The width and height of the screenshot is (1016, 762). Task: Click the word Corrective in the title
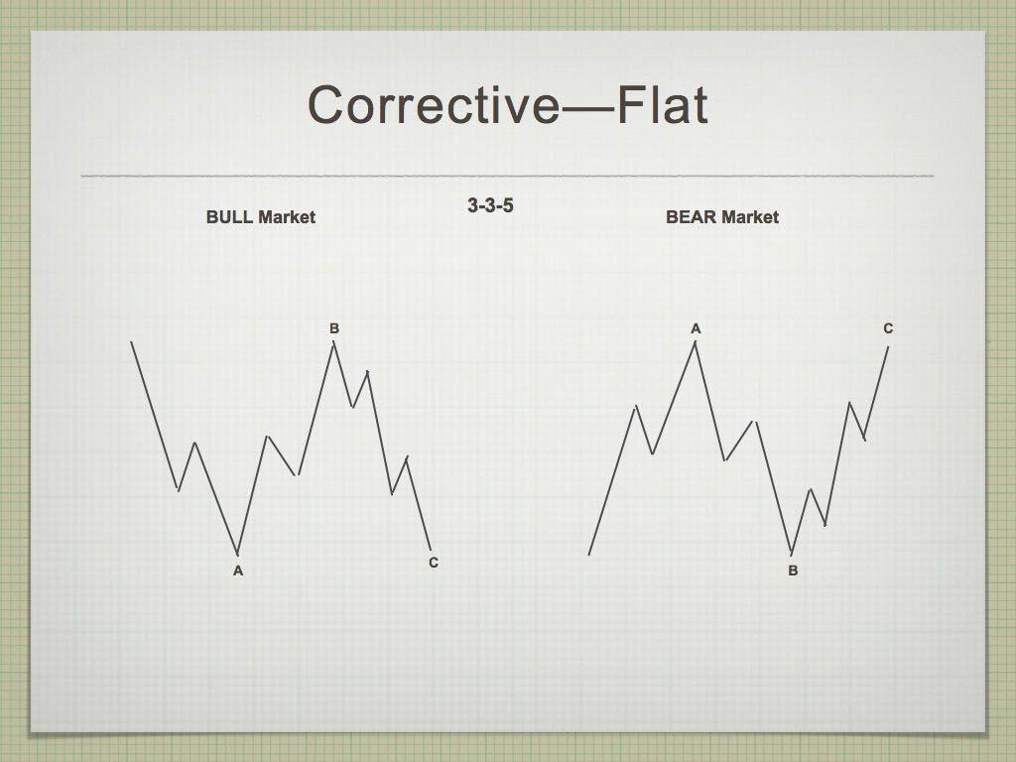(x=433, y=105)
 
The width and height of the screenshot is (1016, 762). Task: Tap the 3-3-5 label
(x=490, y=205)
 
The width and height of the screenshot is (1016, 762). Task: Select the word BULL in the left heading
(x=229, y=217)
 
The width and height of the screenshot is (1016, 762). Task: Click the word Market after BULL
(x=286, y=217)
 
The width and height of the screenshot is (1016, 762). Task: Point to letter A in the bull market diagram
(x=238, y=571)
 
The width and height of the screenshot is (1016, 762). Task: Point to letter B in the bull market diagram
(x=334, y=328)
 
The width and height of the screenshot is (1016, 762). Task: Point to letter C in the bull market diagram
(x=434, y=563)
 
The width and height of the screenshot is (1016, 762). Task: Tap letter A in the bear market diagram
(x=696, y=328)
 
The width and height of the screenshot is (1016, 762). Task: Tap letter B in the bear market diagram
(x=793, y=571)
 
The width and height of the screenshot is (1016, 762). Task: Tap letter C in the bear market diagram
(x=888, y=328)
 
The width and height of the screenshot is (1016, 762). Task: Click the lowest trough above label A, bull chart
(x=238, y=555)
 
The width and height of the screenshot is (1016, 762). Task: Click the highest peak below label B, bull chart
(x=333, y=342)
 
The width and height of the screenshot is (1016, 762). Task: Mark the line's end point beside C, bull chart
(x=431, y=550)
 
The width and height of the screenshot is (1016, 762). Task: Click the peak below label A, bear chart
(x=696, y=342)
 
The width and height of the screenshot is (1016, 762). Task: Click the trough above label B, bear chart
(x=792, y=554)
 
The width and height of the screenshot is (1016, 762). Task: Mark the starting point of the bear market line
(x=588, y=555)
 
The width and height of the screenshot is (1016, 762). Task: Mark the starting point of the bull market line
(x=132, y=341)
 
